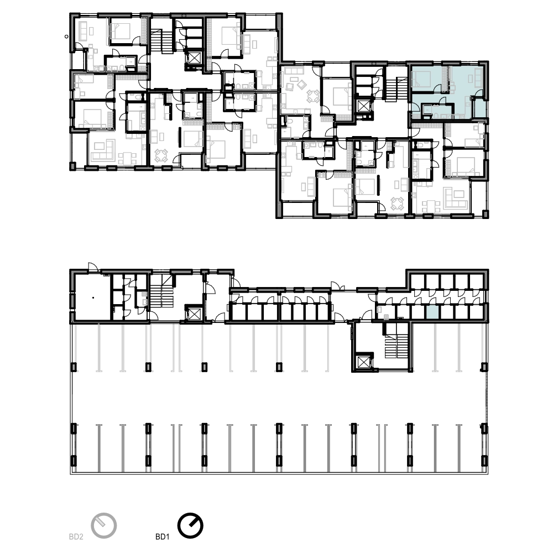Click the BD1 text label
pyautogui.click(x=162, y=537)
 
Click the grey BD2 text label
pyautogui.click(x=76, y=537)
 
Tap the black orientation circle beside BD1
pyautogui.click(x=190, y=525)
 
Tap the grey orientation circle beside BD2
pyautogui.click(x=104, y=525)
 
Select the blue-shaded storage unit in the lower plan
pyautogui.click(x=432, y=312)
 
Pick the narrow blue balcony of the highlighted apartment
pyautogui.click(x=479, y=108)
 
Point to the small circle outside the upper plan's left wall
pyautogui.click(x=67, y=36)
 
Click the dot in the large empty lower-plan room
pyautogui.click(x=93, y=298)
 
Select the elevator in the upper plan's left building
pyautogui.click(x=194, y=58)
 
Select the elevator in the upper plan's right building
pyautogui.click(x=363, y=106)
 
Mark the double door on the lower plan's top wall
pyautogui.click(x=337, y=286)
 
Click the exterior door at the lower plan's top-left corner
pyautogui.click(x=92, y=267)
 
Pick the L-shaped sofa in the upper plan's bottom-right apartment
pyautogui.click(x=456, y=198)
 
